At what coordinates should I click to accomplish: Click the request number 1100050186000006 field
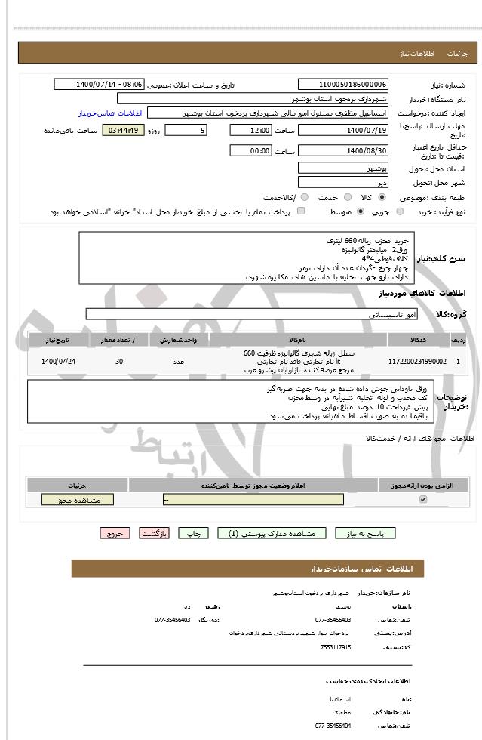click(x=343, y=85)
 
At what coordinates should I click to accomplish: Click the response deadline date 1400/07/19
click(x=343, y=131)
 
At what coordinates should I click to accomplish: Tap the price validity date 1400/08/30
click(x=343, y=151)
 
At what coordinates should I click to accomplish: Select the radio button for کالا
click(x=382, y=197)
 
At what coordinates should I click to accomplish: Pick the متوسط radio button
click(x=360, y=212)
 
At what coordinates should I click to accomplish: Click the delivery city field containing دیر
click(x=343, y=182)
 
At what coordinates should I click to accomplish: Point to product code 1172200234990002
click(x=416, y=362)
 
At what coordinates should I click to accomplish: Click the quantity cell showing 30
click(x=119, y=362)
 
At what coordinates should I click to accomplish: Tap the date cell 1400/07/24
click(x=59, y=362)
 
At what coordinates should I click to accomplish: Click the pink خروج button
click(x=115, y=533)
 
